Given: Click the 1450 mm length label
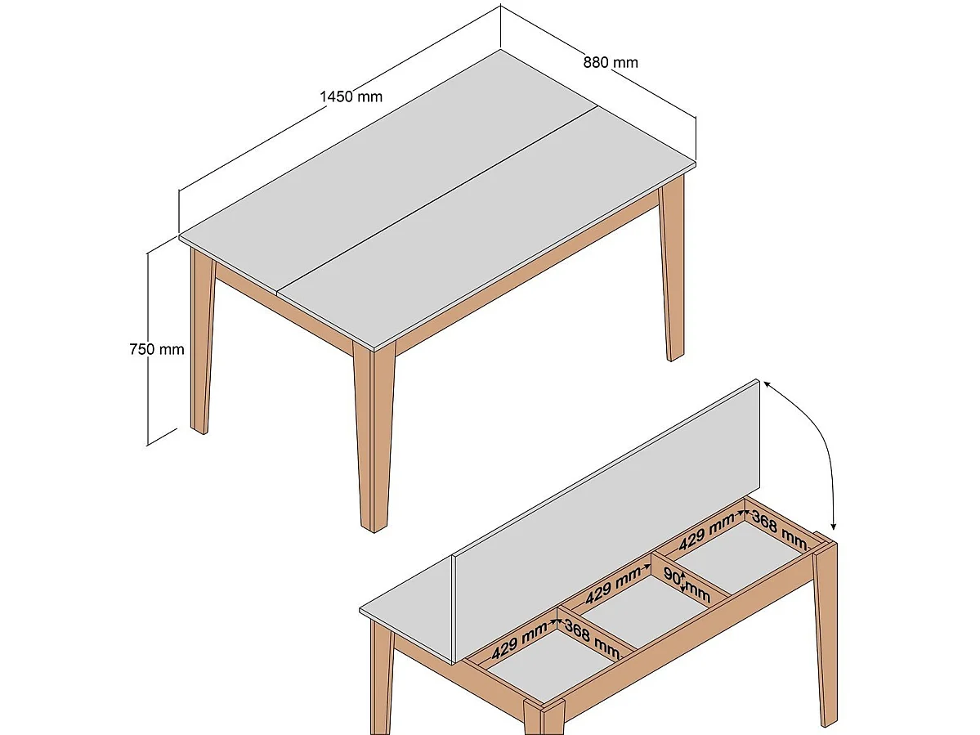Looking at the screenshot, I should [x=351, y=96].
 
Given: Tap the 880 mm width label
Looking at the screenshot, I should [x=611, y=62].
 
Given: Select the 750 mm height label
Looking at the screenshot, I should [x=157, y=349].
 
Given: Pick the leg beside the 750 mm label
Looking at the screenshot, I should [x=201, y=343].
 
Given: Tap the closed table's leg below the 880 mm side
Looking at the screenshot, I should [x=673, y=270].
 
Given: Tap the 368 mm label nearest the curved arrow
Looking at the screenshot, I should [x=778, y=529].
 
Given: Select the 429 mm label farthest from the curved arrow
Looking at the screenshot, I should [x=520, y=639].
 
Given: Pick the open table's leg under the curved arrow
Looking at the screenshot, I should [x=826, y=630].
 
